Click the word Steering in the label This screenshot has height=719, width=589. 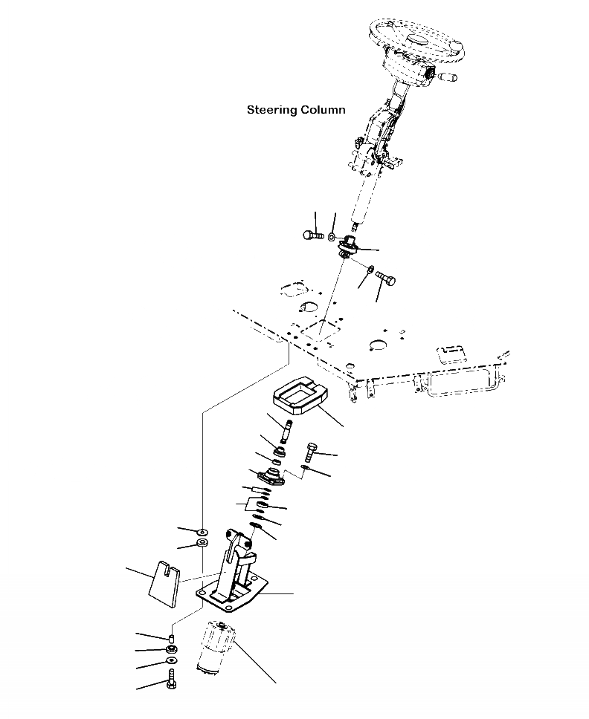tap(271, 111)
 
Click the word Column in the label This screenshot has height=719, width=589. tap(323, 110)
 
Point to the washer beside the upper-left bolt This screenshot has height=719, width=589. tap(332, 237)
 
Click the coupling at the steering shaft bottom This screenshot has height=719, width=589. tap(347, 246)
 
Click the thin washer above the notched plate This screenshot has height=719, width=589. tap(202, 532)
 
